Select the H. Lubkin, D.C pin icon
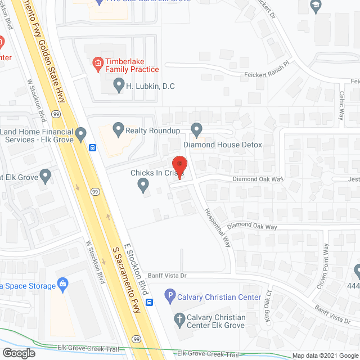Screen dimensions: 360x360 click(118, 86)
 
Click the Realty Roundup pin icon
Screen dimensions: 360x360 click(118, 130)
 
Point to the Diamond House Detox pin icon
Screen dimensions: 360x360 click(196, 130)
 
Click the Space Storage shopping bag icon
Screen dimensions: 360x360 click(62, 284)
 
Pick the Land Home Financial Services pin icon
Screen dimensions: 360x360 click(81, 134)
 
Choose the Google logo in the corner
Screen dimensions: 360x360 click(18, 353)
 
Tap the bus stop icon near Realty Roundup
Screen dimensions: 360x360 click(92, 148)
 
